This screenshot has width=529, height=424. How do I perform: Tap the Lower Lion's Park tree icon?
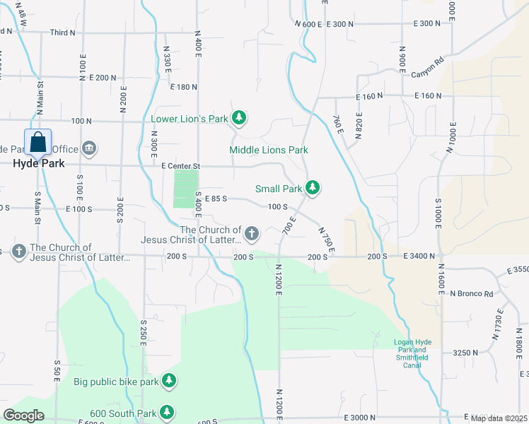(x=239, y=118)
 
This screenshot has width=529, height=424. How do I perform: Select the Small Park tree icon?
(x=313, y=188)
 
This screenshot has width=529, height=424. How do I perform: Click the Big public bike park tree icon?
(x=168, y=382)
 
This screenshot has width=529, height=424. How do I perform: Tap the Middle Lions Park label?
(x=268, y=150)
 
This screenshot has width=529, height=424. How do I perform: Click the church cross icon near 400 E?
(x=251, y=234)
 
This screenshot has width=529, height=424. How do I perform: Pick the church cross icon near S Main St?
(x=19, y=251)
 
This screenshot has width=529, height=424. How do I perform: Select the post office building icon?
(x=90, y=148)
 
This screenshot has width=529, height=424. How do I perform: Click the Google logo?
(x=23, y=416)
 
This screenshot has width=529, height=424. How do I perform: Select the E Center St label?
(x=182, y=166)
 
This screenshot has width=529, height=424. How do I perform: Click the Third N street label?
(x=62, y=33)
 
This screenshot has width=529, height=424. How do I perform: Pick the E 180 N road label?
(x=184, y=86)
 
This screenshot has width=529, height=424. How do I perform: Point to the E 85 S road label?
(x=215, y=199)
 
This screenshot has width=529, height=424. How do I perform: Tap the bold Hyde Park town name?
(x=38, y=163)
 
